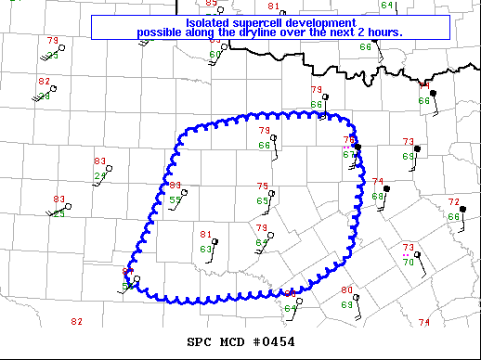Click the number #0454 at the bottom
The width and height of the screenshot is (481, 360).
point(275,341)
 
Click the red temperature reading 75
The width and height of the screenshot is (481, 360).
point(263,186)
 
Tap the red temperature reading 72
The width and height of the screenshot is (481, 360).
point(453,202)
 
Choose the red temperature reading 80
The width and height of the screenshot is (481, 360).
point(346,290)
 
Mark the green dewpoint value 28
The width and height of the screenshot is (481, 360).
point(44,96)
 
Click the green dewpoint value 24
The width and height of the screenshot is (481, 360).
point(100,175)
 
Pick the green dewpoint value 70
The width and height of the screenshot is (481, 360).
point(408,263)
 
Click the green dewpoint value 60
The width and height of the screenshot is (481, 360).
point(214,55)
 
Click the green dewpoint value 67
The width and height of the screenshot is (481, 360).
point(348,155)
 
